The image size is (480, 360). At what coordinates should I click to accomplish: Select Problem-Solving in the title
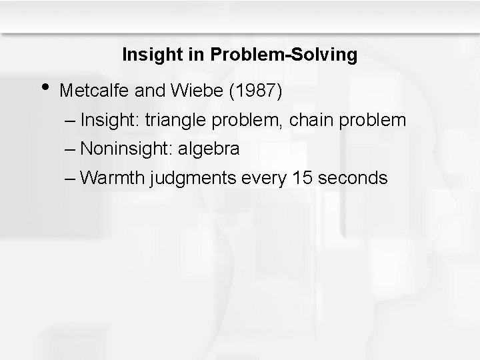[x=284, y=55]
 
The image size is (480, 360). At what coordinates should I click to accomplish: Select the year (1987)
[x=257, y=91]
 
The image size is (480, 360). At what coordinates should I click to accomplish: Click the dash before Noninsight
[x=71, y=149]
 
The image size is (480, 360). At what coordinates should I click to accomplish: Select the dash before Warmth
[x=71, y=179]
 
